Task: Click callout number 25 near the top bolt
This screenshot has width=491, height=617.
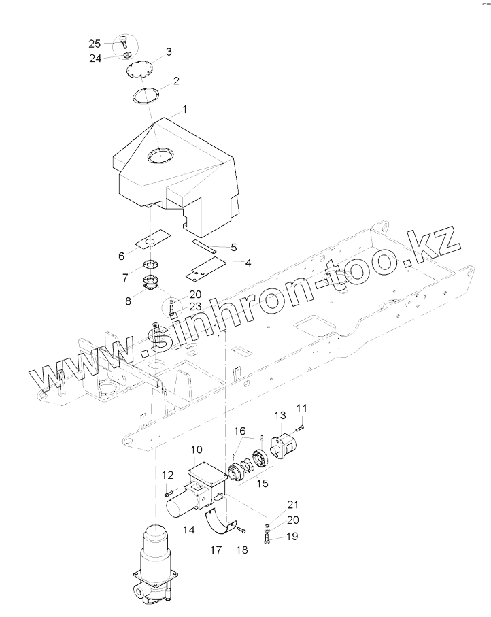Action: coord(95,44)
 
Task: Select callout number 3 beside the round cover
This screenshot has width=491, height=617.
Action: coord(169,52)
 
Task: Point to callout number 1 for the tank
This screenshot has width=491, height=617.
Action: coord(184,109)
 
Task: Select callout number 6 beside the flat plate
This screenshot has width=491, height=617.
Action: coord(122,256)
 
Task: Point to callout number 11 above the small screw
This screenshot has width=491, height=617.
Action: coord(302,408)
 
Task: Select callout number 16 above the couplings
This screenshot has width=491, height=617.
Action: coord(240,431)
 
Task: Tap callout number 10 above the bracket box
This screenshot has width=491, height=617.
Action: coord(197,450)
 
